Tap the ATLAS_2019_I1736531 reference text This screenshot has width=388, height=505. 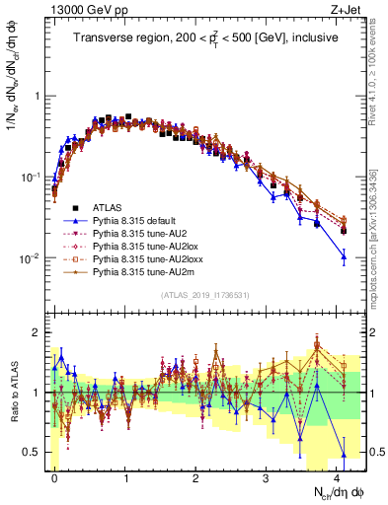click(204, 296)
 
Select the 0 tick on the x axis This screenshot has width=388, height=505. click(55, 476)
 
